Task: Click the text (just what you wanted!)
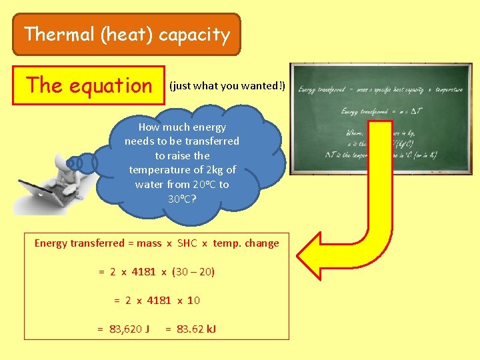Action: coord(227,86)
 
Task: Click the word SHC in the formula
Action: coord(187,243)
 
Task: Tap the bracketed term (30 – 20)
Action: coord(193,272)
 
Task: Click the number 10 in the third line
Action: coord(193,301)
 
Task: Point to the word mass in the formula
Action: coord(149,243)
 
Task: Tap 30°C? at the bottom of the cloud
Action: coord(182,199)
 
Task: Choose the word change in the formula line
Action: coord(262,243)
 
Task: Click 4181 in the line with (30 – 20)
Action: coord(144,272)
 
